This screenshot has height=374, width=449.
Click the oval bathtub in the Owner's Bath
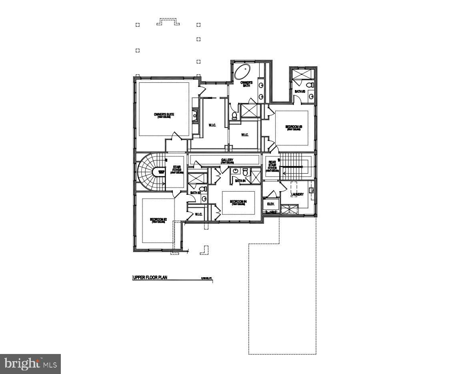(x=241, y=72)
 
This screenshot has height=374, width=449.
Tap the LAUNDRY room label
(x=297, y=194)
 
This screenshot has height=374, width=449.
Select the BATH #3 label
(x=300, y=92)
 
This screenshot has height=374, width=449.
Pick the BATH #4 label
(x=240, y=181)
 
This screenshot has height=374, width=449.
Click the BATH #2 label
(x=195, y=193)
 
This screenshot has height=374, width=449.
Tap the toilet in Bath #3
(x=309, y=85)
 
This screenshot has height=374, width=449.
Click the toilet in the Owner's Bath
(x=235, y=116)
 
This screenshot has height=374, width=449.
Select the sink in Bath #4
(x=236, y=172)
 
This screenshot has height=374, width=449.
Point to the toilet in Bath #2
(x=203, y=189)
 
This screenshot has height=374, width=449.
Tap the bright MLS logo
(x=30, y=364)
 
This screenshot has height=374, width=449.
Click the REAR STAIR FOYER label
(x=272, y=166)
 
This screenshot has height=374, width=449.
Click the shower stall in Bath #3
(x=302, y=74)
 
